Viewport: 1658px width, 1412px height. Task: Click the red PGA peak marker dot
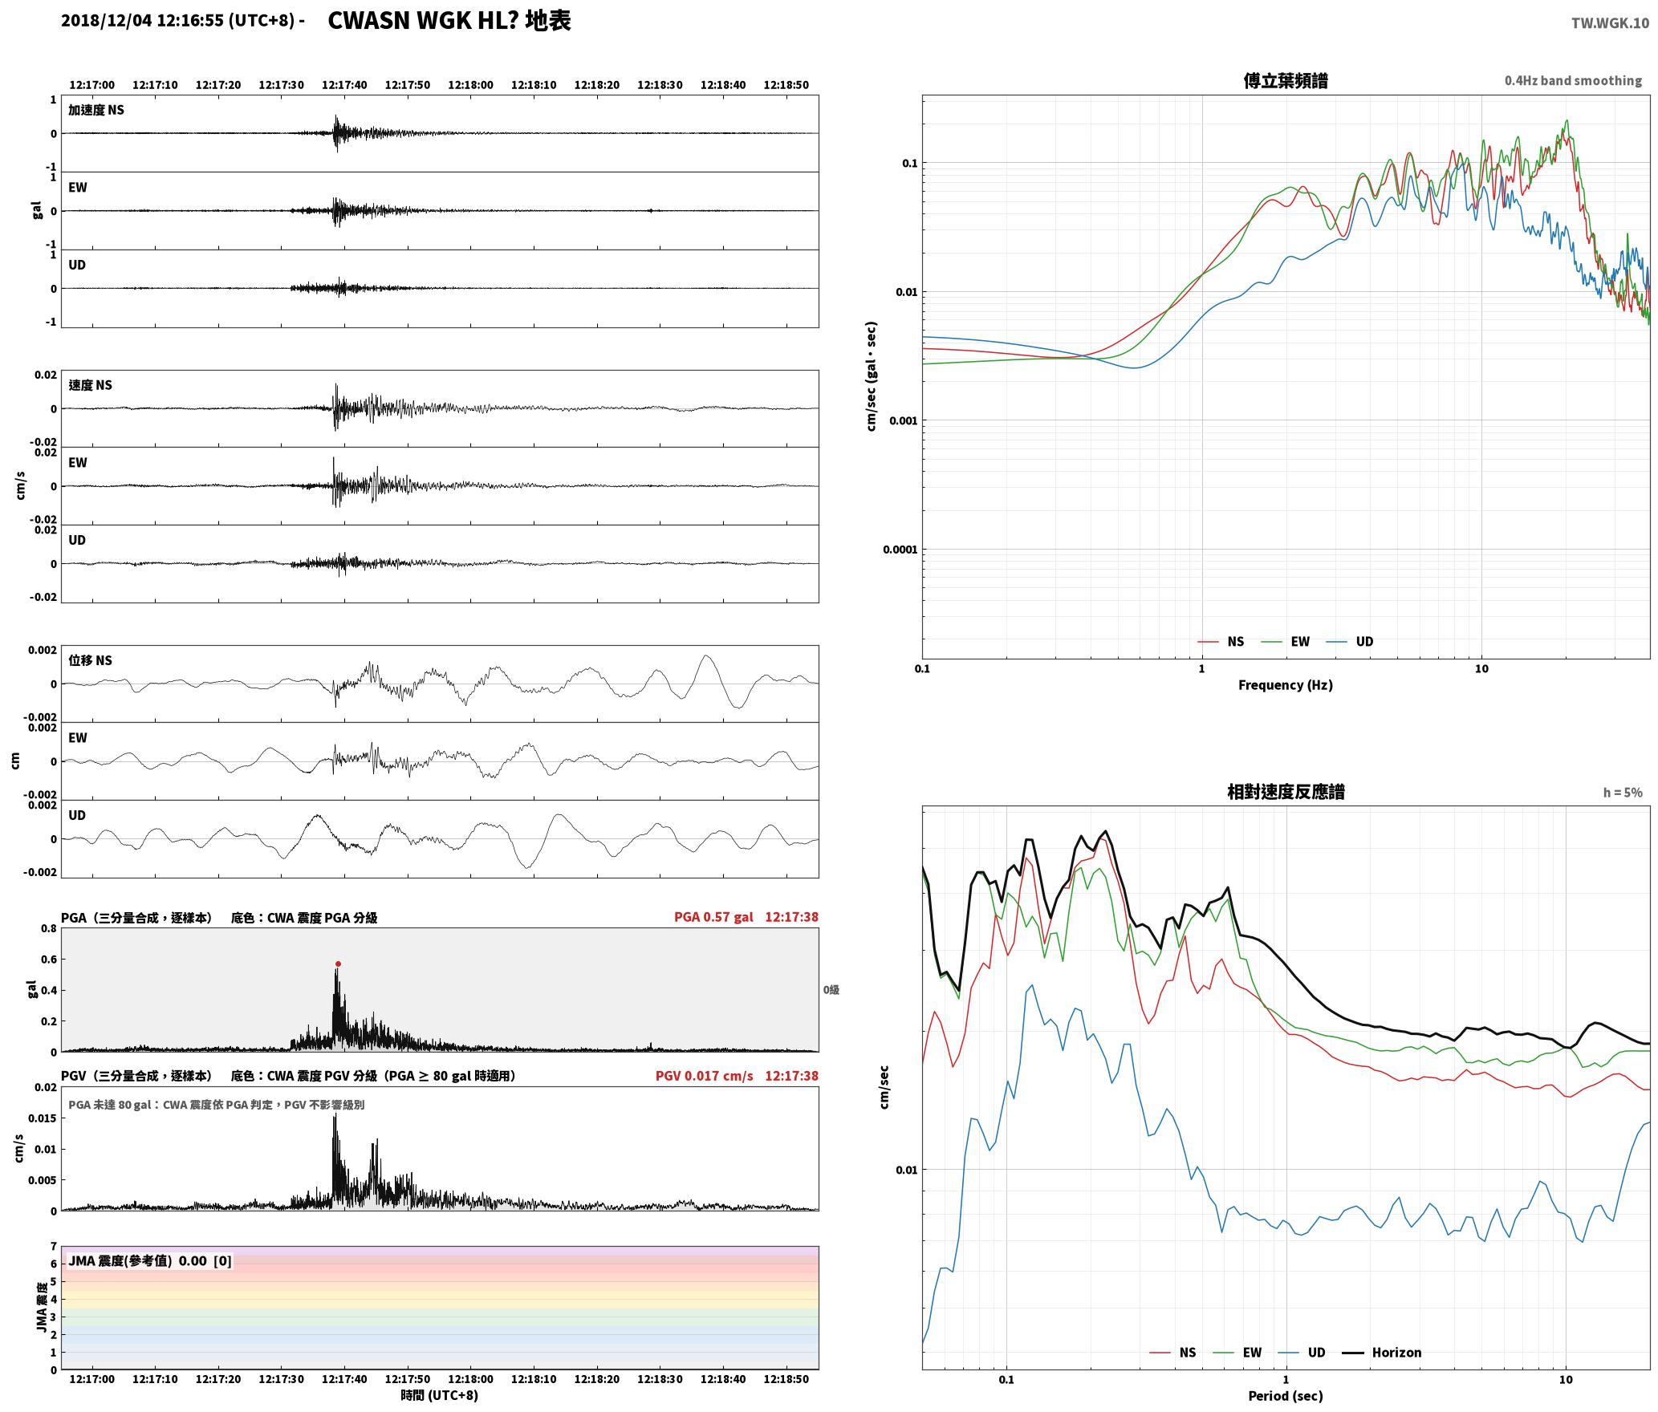[x=338, y=964]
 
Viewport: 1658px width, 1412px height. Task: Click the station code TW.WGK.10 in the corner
[x=1610, y=23]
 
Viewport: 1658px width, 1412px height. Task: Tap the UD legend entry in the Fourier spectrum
[x=1350, y=641]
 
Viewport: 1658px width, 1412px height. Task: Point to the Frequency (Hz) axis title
[x=1285, y=684]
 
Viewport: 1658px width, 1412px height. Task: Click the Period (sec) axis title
[x=1285, y=1395]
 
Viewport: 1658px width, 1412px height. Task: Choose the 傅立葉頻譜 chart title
[x=1285, y=80]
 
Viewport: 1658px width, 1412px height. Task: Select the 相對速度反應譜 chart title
[x=1286, y=791]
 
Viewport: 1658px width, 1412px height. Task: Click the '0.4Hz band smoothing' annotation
[x=1573, y=80]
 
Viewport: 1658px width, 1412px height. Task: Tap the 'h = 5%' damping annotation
[x=1623, y=792]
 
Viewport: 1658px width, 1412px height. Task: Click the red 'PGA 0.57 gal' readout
[x=713, y=916]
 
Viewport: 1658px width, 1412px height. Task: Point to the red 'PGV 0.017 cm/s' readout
[x=704, y=1075]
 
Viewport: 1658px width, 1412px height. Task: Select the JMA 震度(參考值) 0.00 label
[x=137, y=1260]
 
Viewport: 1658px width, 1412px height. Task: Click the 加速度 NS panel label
[x=96, y=110]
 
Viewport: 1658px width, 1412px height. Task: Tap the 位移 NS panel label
[x=91, y=660]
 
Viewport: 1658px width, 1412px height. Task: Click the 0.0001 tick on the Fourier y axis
[x=899, y=550]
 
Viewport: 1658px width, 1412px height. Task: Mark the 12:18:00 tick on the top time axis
[x=470, y=84]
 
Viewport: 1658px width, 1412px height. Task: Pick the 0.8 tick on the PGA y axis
[x=49, y=928]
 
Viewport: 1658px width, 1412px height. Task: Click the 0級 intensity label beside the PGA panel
[x=831, y=989]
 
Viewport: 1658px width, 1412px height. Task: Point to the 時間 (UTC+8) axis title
[x=440, y=1395]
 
